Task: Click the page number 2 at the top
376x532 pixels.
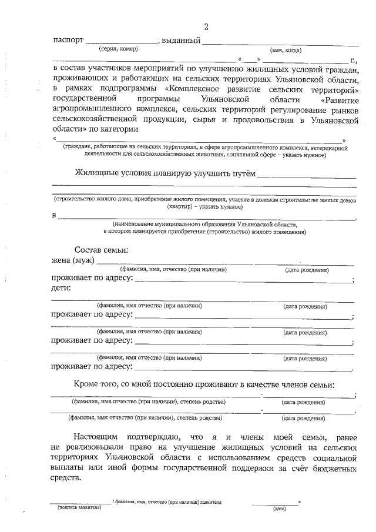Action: click(x=206, y=26)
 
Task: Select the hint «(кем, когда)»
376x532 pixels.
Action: click(x=286, y=50)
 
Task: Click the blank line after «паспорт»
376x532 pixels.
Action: click(x=122, y=42)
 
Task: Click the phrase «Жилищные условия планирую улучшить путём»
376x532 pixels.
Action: click(x=166, y=173)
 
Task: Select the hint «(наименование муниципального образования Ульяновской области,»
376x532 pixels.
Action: click(x=206, y=224)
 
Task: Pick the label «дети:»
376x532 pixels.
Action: click(x=62, y=288)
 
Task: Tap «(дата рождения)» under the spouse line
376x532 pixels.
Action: click(x=307, y=270)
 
